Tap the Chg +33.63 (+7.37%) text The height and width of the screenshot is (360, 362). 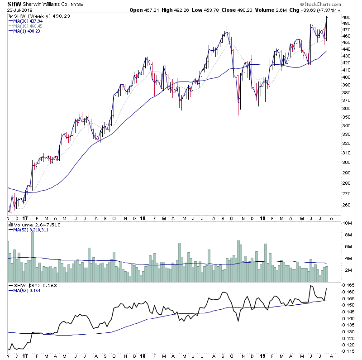coord(315,10)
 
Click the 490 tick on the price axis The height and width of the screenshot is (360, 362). coord(347,18)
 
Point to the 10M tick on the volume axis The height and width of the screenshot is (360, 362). coord(348,223)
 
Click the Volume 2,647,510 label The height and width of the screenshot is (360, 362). coord(31,225)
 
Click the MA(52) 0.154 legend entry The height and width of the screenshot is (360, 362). coord(28,290)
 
